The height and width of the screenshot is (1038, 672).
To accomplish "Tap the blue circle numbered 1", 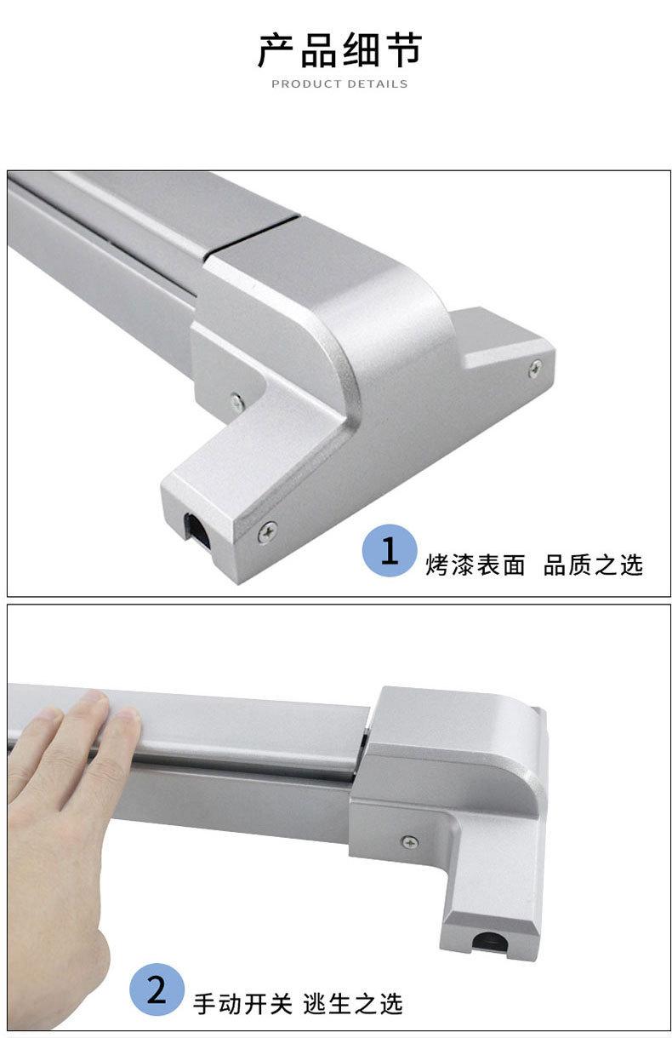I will pos(390,552).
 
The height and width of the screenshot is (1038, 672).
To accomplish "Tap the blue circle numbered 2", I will pos(157,991).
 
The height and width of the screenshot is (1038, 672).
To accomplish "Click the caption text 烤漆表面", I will pos(476,565).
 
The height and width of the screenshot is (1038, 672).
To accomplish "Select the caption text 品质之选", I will pos(593,565).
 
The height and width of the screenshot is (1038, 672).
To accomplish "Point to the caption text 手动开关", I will pos(242,1004).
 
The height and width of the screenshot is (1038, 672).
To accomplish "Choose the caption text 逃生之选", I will pos(352,1004).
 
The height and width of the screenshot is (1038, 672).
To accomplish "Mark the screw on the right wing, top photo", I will pos(535,368).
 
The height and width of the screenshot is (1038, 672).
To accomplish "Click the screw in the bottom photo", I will pos(409,842).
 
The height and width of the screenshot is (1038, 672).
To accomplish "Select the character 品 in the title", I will pos(318,51).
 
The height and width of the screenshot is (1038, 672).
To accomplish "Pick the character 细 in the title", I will pos(360,51).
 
